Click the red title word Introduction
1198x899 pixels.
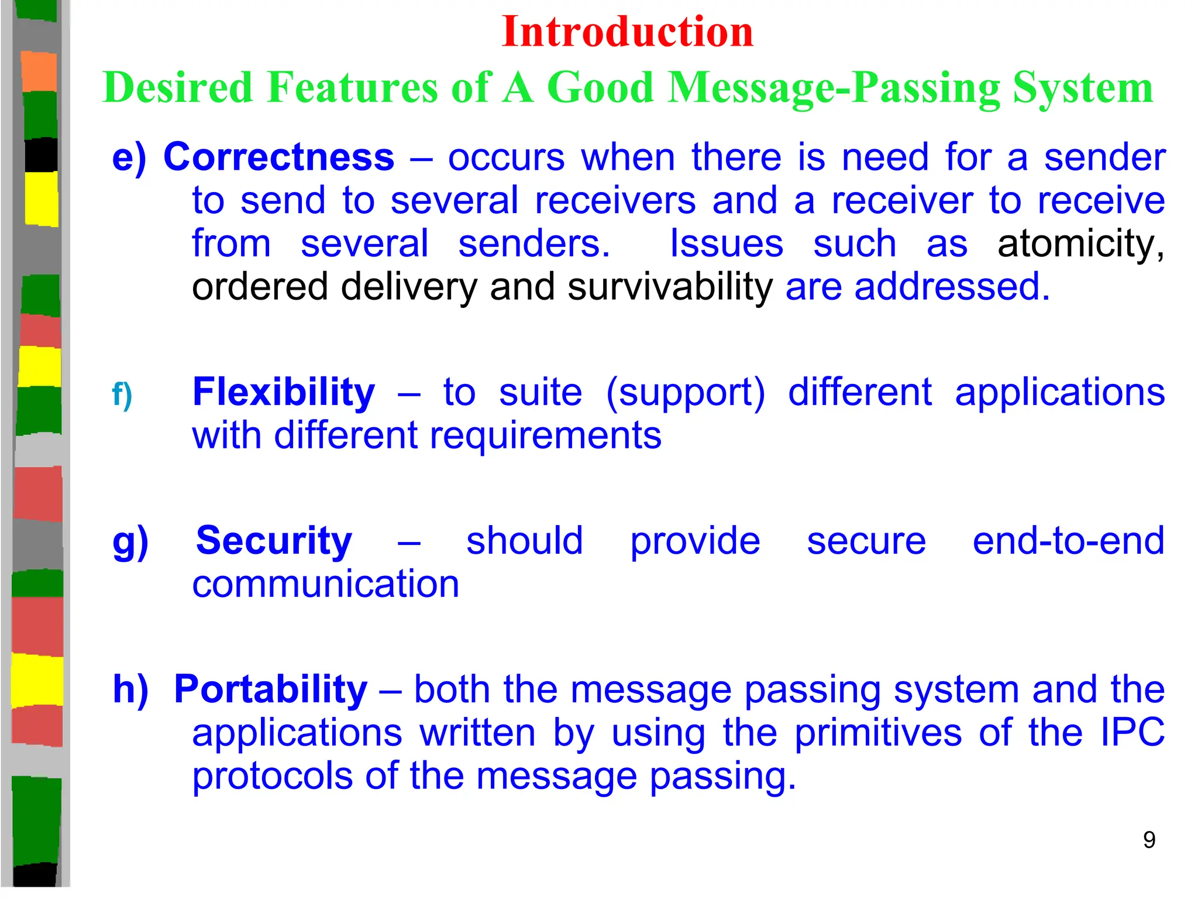click(x=627, y=32)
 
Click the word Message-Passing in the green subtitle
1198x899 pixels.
click(x=834, y=88)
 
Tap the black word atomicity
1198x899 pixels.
click(x=1080, y=243)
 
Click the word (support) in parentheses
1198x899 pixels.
click(x=685, y=392)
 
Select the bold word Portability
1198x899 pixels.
click(x=271, y=689)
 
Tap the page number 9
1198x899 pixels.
click(x=1149, y=840)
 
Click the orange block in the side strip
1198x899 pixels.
click(x=40, y=71)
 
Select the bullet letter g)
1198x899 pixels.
click(x=130, y=541)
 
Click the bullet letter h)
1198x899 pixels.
click(x=130, y=689)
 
